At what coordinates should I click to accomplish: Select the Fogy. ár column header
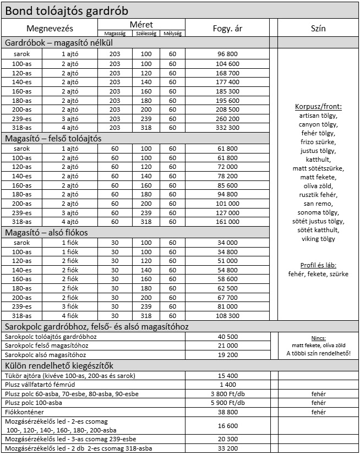tap(227, 29)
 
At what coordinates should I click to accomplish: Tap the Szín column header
tap(318, 29)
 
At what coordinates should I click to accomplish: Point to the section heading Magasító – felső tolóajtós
tap(61, 138)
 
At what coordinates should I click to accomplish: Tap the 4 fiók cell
tap(70, 316)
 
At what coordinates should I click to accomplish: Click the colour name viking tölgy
tap(318, 239)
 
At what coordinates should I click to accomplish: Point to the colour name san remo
tap(318, 204)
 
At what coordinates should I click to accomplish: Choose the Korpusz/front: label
tap(318, 106)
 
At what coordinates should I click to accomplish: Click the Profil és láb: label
tap(318, 265)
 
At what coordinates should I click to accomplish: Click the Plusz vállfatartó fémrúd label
tap(46, 385)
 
